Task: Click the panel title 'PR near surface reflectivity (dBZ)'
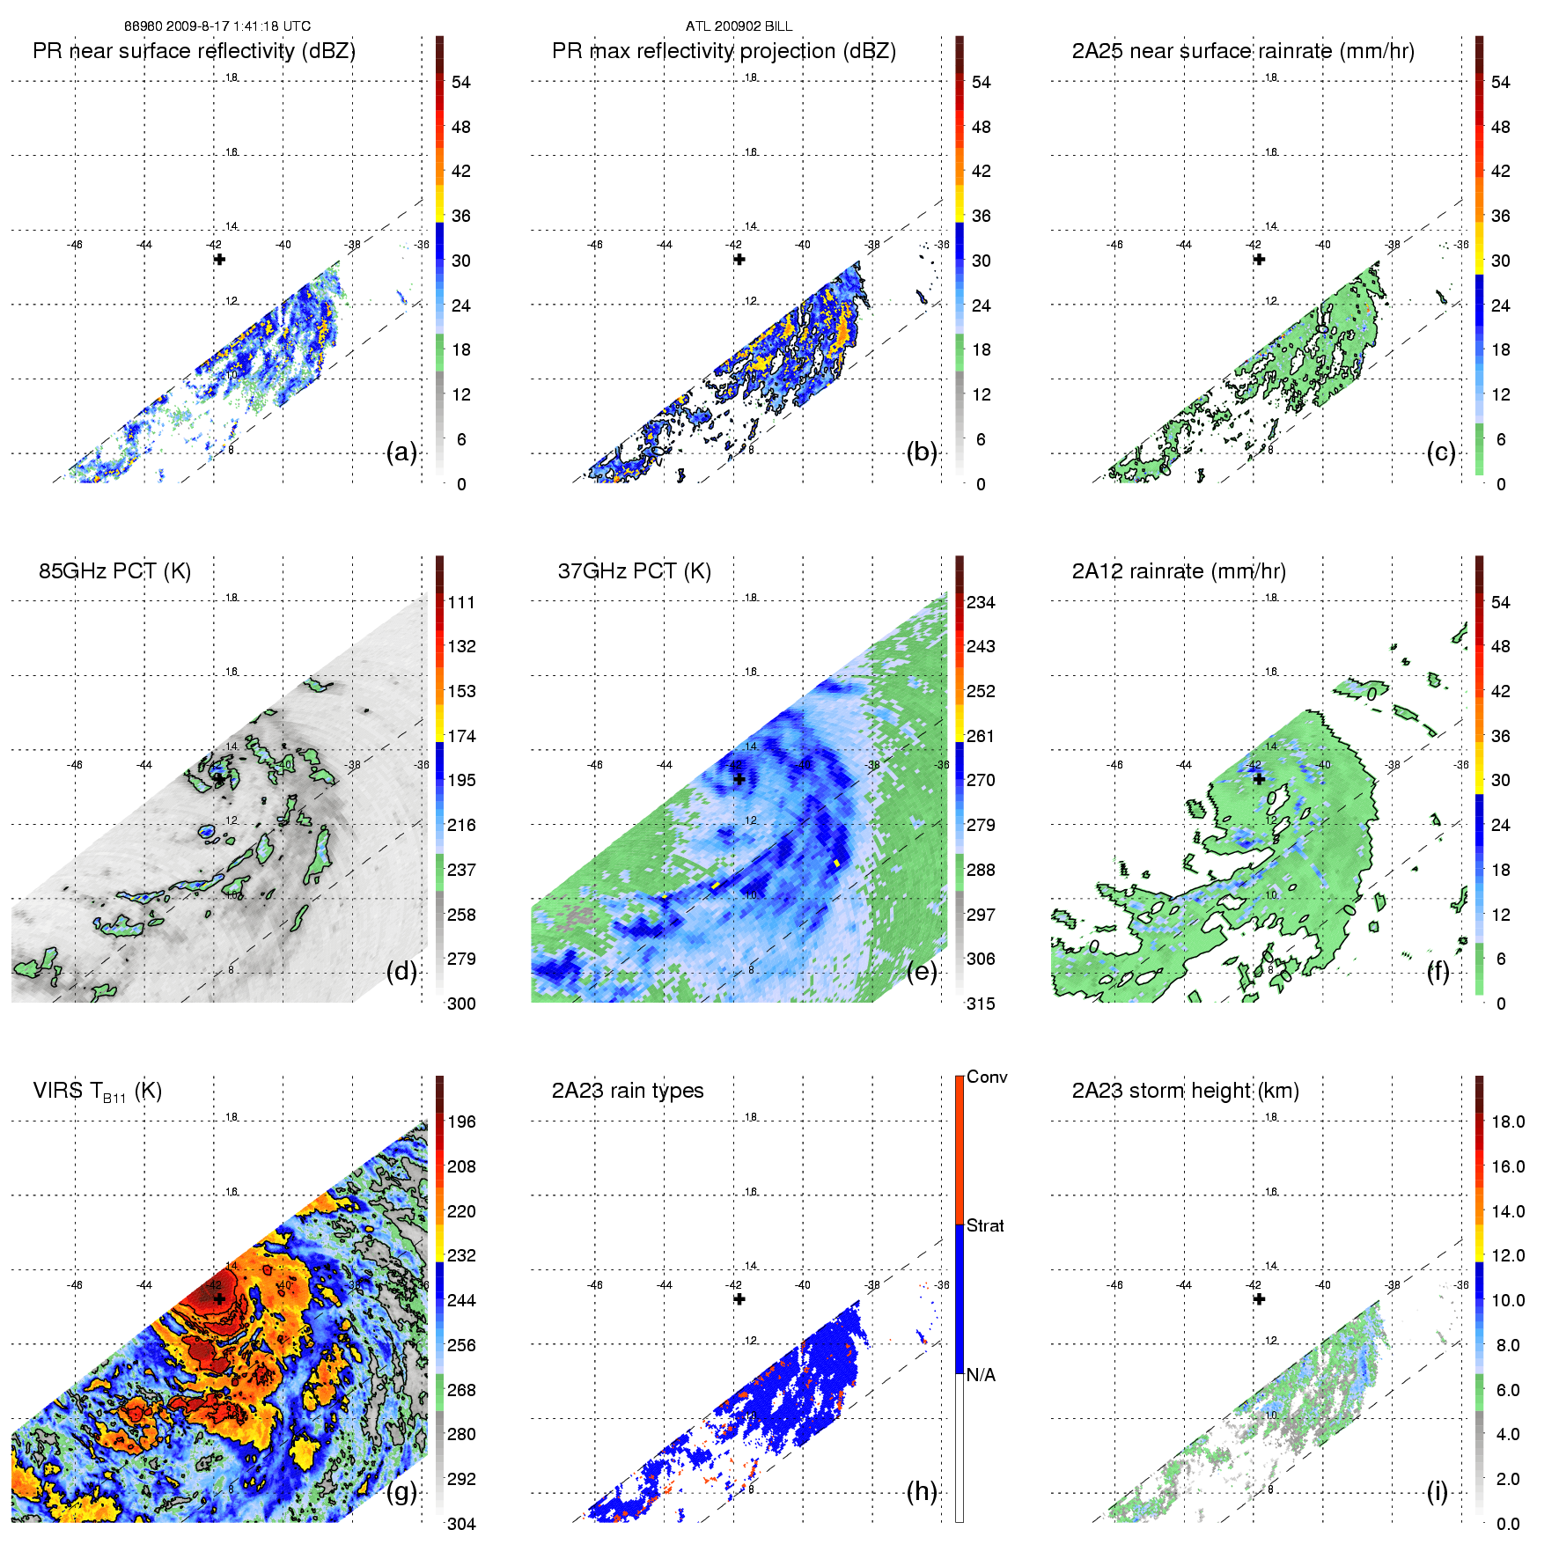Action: point(194,51)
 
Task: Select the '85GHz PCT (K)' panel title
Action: point(114,571)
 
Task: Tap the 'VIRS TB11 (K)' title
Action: point(97,1092)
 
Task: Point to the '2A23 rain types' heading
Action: point(628,1091)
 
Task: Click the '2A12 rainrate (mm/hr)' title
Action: point(1179,571)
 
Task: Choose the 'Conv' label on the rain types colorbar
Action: point(987,1077)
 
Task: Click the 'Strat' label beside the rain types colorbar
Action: point(985,1225)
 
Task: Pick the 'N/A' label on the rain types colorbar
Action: point(981,1375)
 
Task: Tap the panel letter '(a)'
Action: point(401,452)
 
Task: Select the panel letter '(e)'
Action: point(922,972)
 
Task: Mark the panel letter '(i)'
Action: point(1437,1492)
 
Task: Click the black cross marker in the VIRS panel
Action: point(219,1298)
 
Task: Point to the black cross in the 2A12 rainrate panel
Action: point(1259,779)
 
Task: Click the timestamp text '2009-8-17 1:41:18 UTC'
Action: point(238,26)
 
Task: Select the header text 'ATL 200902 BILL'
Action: point(739,26)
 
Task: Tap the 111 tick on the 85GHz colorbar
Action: point(461,602)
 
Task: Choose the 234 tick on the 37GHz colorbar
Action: point(981,602)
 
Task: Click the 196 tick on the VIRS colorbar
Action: point(461,1122)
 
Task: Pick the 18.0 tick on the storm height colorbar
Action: point(1507,1122)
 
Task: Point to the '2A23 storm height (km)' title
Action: point(1185,1091)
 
